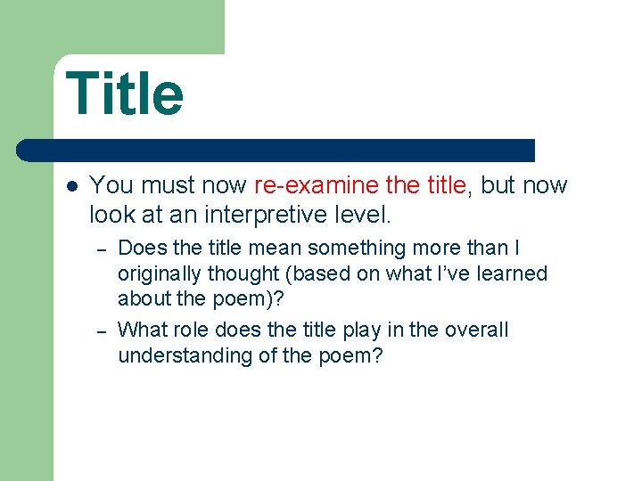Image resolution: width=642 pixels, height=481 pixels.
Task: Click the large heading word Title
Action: pos(125,94)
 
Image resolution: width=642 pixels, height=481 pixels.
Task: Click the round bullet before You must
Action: pos(72,186)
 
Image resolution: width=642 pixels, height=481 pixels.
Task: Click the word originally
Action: pos(157,273)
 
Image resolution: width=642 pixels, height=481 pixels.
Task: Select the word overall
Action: pos(476,330)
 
